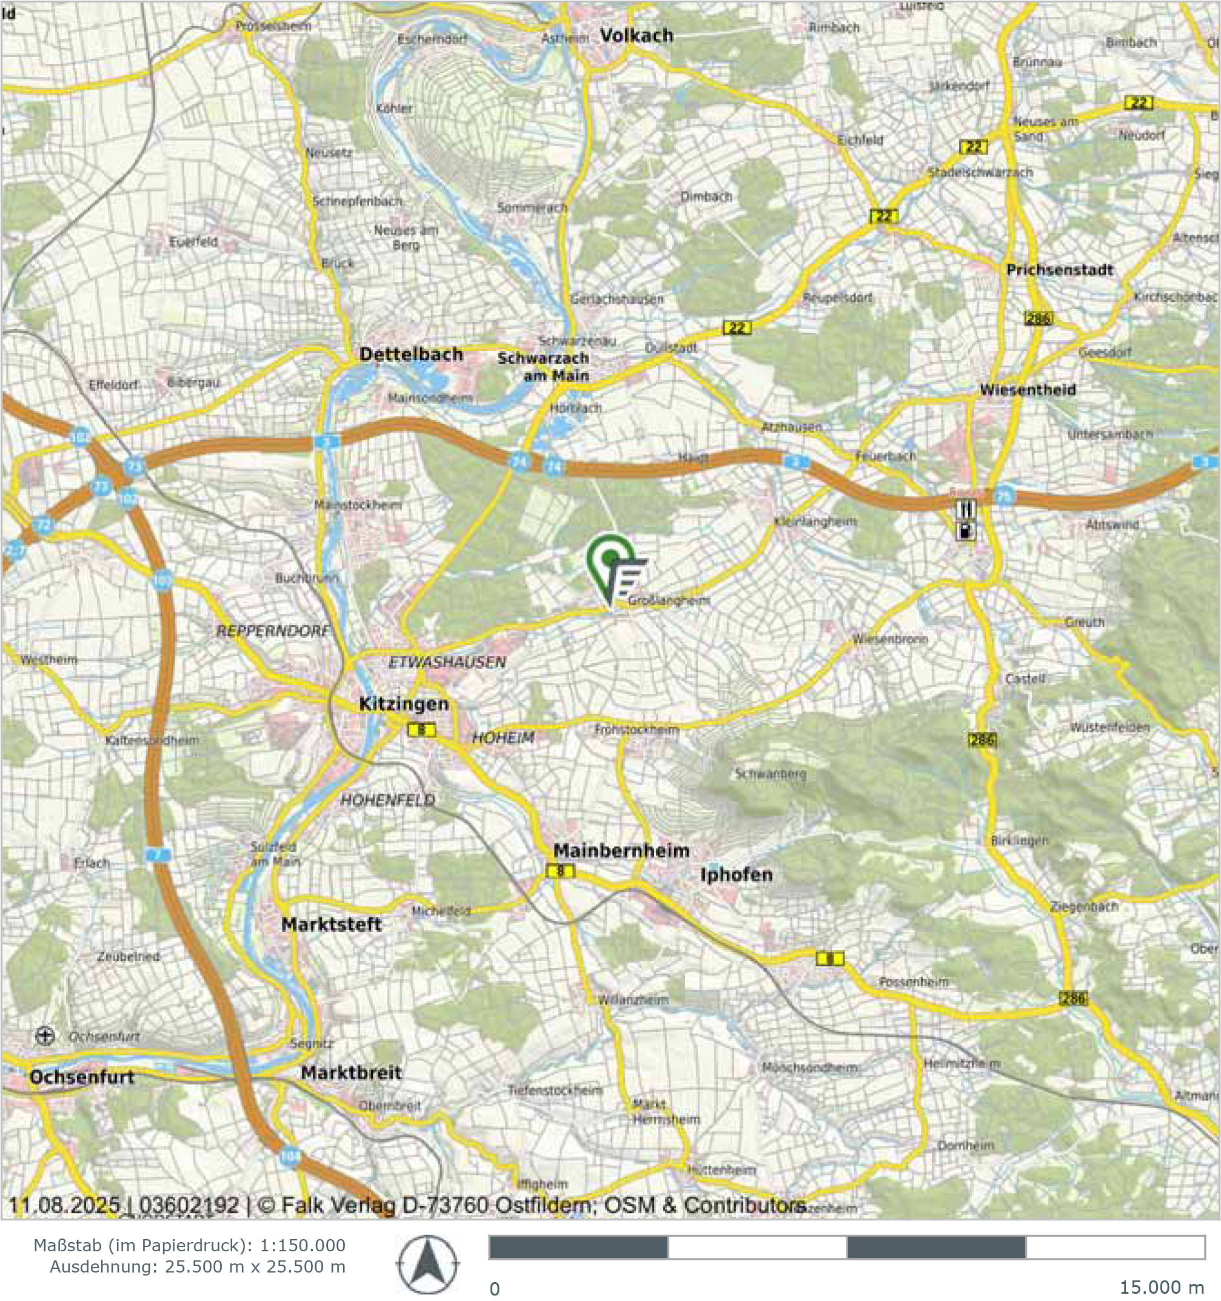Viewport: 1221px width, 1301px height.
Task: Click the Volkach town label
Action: click(x=636, y=35)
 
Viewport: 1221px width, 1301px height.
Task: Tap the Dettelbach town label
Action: click(x=411, y=355)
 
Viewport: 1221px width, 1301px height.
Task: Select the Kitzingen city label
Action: click(x=404, y=704)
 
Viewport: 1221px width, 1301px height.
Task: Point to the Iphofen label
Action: click(x=736, y=875)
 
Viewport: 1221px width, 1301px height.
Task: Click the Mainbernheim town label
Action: click(x=621, y=851)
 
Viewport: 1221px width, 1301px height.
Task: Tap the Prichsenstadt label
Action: click(x=1059, y=270)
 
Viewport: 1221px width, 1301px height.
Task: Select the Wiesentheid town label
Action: click(x=1028, y=390)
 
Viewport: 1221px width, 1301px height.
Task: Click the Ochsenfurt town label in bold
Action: click(x=82, y=1077)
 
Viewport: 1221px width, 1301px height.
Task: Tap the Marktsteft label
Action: click(x=331, y=925)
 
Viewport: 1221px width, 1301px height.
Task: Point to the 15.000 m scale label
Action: click(x=1161, y=1287)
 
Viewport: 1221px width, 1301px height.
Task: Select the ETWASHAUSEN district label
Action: click(x=447, y=662)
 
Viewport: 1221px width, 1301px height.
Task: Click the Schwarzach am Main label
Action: click(x=543, y=367)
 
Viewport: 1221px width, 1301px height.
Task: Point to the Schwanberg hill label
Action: click(x=770, y=774)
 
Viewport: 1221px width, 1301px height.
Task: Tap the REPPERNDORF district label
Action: click(x=272, y=632)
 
